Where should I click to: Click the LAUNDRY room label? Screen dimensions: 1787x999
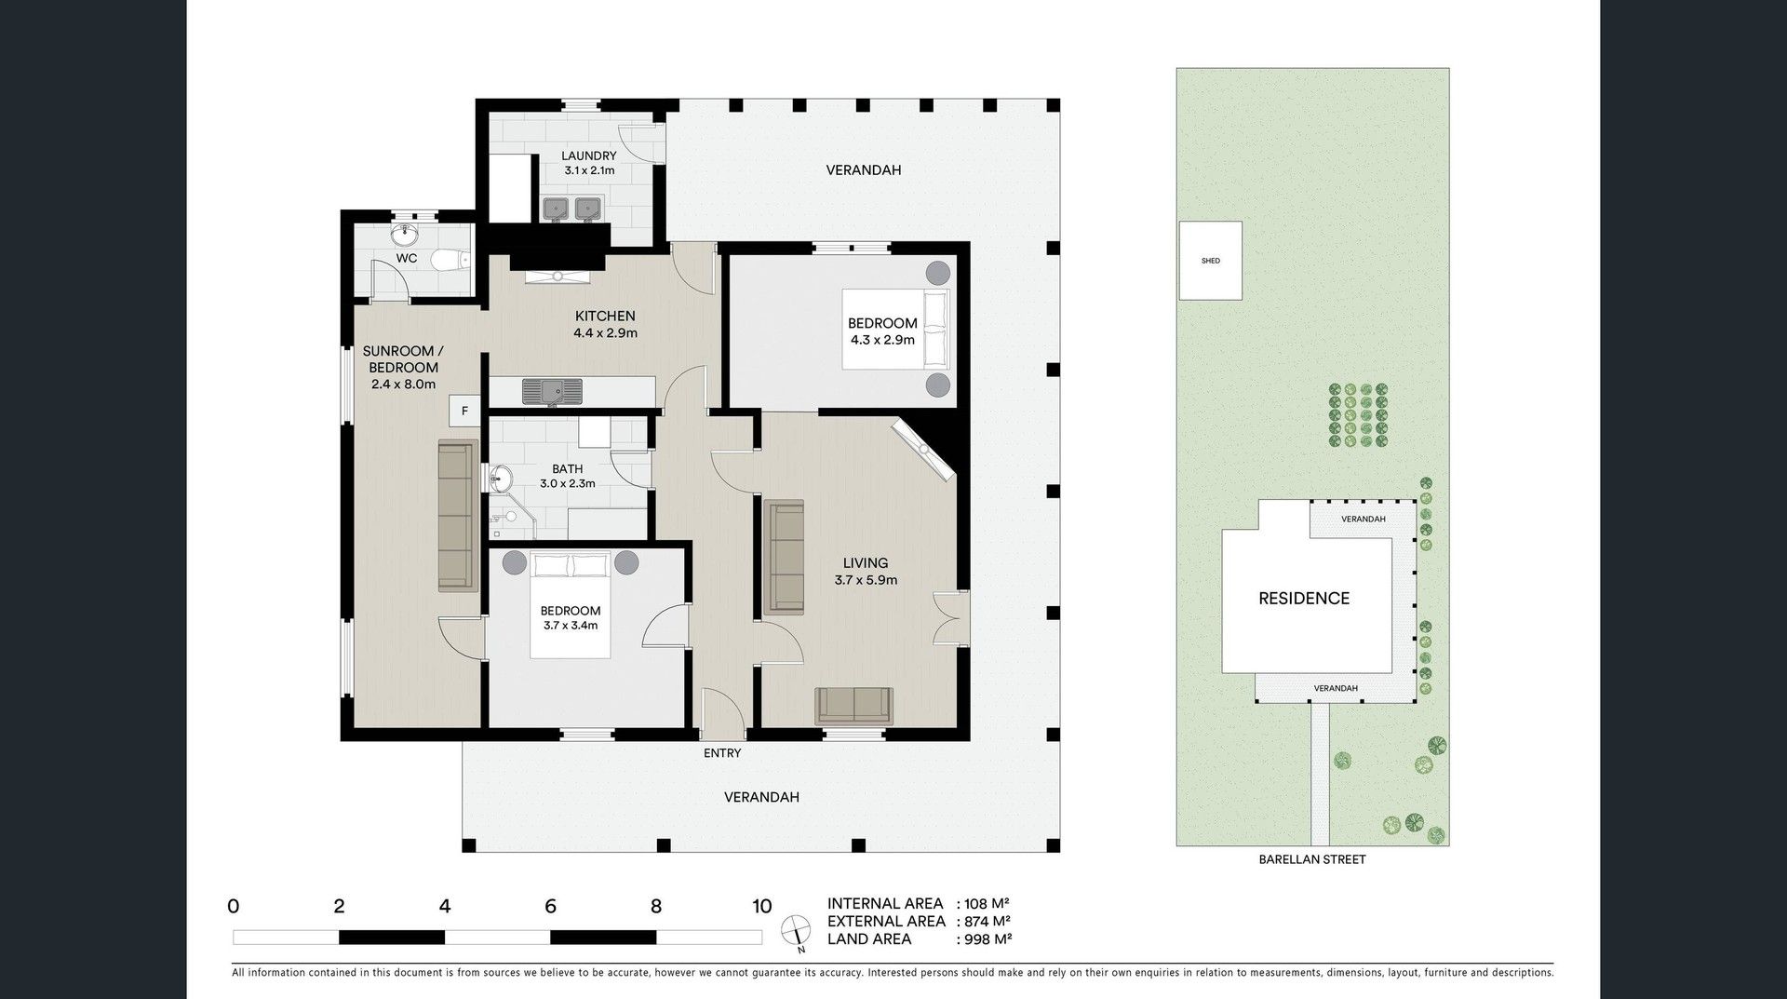[x=589, y=155]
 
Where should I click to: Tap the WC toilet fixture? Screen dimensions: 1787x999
[x=453, y=260]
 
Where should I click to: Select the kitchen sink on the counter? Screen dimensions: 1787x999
[x=552, y=391]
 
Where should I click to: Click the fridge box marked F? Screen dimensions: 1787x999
[x=464, y=411]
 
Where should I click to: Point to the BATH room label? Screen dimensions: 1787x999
[x=567, y=469]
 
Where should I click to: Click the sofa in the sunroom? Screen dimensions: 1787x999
[x=456, y=517]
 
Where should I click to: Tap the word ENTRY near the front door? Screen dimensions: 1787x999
[x=722, y=753]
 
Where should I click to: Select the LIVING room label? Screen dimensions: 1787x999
[x=866, y=563]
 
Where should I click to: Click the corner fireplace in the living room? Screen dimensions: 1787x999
[x=923, y=451]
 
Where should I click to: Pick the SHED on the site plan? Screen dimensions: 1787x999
[x=1210, y=261]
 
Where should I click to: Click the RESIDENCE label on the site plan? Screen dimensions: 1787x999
[x=1304, y=599]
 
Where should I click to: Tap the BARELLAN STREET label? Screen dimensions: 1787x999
[x=1312, y=859]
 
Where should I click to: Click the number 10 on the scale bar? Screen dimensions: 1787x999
[x=761, y=906]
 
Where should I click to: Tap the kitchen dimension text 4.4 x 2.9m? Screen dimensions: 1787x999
[x=605, y=333]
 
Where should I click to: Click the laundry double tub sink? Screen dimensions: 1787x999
[x=573, y=209]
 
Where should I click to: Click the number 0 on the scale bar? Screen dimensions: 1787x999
[x=234, y=906]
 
